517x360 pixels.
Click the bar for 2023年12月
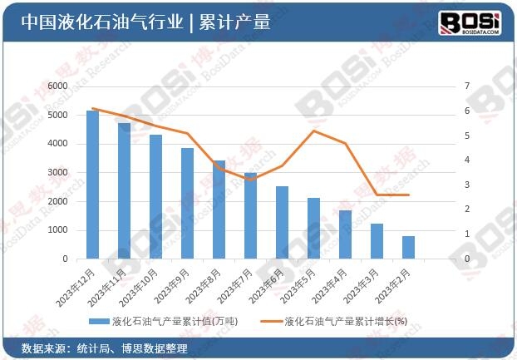coord(92,185)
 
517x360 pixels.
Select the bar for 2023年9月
coord(187,204)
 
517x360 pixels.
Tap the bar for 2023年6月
coord(282,222)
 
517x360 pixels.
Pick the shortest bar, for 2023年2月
coord(408,247)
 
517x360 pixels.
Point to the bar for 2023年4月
coord(345,234)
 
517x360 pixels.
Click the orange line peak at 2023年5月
coord(313,131)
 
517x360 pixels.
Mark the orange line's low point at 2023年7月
coord(250,180)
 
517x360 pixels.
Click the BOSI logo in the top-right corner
coord(470,22)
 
